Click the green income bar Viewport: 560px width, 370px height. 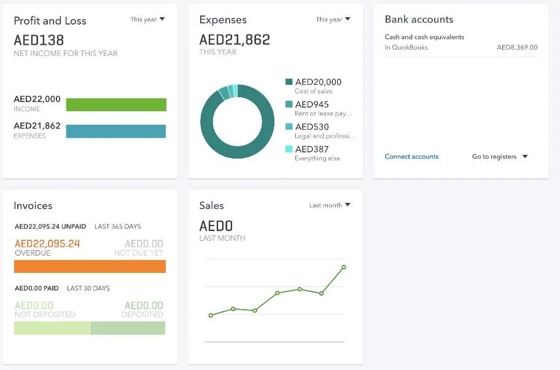pos(116,104)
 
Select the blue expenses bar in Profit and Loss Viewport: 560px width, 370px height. pos(116,132)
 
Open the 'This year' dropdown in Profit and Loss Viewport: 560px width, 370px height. pos(148,20)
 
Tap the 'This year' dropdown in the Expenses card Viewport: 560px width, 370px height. pos(333,20)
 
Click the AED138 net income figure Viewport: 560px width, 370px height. pos(39,41)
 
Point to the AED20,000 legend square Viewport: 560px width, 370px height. pos(289,82)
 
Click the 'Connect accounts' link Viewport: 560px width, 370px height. pos(411,157)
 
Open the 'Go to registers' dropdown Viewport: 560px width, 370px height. pos(500,157)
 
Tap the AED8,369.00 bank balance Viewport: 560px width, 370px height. pos(517,47)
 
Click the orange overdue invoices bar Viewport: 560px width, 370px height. pos(90,266)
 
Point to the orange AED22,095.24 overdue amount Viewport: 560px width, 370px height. pos(47,244)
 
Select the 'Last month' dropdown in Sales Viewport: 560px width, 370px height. pos(330,205)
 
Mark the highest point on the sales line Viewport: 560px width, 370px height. pos(344,267)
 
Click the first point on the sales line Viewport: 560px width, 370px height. pos(211,315)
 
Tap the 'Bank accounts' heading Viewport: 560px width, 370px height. pos(419,20)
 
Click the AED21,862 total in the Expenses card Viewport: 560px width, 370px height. pos(235,41)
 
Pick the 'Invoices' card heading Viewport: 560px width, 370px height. pos(33,206)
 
